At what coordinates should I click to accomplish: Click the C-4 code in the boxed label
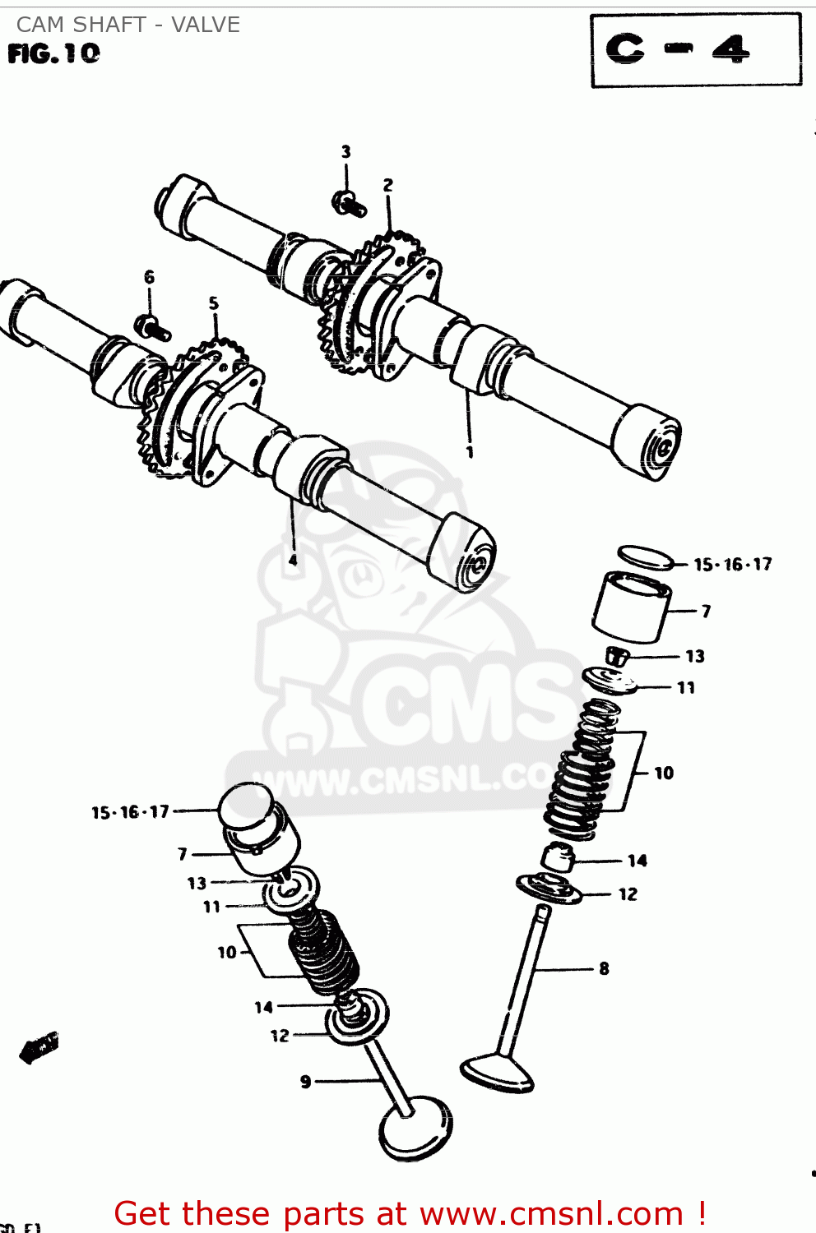pyautogui.click(x=677, y=50)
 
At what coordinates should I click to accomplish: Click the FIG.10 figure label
pyautogui.click(x=53, y=54)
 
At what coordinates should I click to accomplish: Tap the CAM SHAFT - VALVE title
pyautogui.click(x=128, y=25)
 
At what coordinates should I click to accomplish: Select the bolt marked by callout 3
pyautogui.click(x=350, y=202)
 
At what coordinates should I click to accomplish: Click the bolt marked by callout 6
pyautogui.click(x=152, y=327)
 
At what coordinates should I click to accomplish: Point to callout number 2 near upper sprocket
pyautogui.click(x=388, y=186)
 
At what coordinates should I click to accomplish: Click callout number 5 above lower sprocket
pyautogui.click(x=214, y=303)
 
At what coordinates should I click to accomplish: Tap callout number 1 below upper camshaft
pyautogui.click(x=470, y=452)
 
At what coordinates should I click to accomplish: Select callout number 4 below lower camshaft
pyautogui.click(x=293, y=560)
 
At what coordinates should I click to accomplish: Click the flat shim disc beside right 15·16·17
pyautogui.click(x=645, y=557)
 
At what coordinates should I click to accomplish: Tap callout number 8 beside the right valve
pyautogui.click(x=604, y=968)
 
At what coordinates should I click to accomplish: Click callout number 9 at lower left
pyautogui.click(x=306, y=1082)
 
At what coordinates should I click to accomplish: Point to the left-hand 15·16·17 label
pyautogui.click(x=130, y=812)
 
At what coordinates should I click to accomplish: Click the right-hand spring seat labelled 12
pyautogui.click(x=548, y=889)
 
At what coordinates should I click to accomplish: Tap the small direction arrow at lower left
pyautogui.click(x=39, y=1047)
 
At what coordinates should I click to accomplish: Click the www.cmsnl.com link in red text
pyautogui.click(x=550, y=1213)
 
